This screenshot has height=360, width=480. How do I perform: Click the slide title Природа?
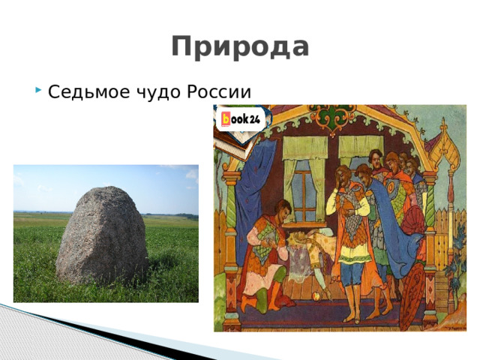[240, 46]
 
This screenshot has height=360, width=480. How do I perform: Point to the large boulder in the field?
[101, 234]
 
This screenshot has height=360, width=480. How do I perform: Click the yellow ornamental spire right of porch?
[447, 150]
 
